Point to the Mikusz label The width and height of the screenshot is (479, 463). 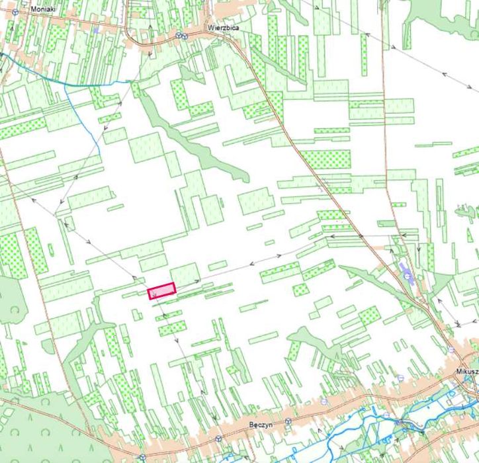pos(467,372)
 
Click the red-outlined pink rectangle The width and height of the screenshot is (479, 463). pos(161,290)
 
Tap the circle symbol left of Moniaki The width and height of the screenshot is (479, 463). pos(15,12)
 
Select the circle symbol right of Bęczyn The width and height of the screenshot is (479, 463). pos(288,421)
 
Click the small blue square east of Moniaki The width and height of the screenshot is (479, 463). pos(96,29)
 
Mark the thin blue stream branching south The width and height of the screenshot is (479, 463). pos(86,119)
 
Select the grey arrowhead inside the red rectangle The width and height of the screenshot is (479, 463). pos(153,290)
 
